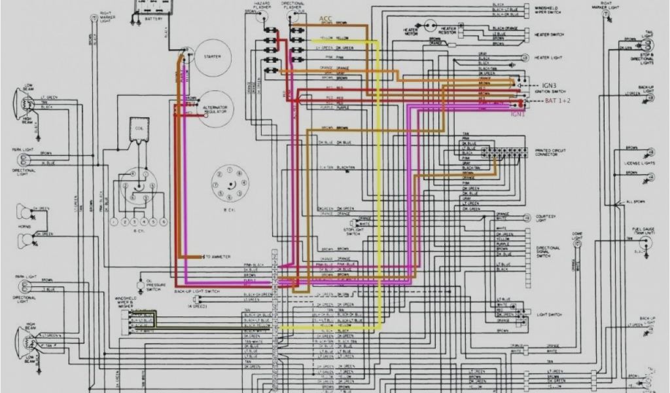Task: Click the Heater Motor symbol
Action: coord(429,26)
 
